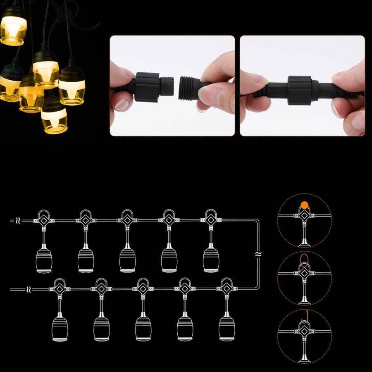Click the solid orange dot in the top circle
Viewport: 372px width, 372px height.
click(x=304, y=205)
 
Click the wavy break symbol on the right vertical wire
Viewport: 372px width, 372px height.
click(x=258, y=254)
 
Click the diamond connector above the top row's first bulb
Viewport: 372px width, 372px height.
click(x=44, y=221)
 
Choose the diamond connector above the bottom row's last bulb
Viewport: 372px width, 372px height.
click(x=227, y=289)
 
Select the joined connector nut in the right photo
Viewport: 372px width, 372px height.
click(x=300, y=90)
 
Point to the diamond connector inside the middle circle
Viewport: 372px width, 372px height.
click(x=304, y=273)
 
